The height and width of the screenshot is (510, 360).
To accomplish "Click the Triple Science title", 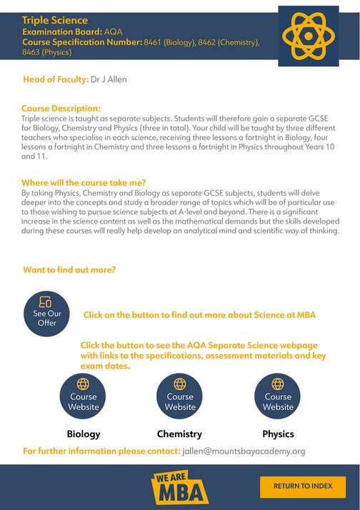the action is point(55,21).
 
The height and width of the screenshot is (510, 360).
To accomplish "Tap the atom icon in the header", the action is point(307,37).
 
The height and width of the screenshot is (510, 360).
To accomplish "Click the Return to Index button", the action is point(303,486).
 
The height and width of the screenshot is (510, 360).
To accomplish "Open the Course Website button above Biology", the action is point(84,396).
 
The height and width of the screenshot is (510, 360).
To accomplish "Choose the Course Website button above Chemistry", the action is point(180,396).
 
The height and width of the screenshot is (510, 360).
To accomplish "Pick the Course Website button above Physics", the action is point(278,396).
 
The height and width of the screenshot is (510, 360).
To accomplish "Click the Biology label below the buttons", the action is point(84,434).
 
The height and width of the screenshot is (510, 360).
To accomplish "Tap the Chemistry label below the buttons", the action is point(179,434).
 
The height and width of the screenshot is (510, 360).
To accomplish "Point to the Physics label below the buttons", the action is point(278,434).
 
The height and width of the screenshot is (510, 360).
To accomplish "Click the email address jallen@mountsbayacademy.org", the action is point(243,451).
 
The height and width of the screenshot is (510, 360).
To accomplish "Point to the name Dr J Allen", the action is point(109,79).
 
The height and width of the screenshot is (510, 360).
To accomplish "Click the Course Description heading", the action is point(61,109).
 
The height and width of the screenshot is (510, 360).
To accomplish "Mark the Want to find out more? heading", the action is point(69,270).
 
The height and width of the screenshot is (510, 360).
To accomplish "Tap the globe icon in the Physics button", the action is point(278,383).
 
